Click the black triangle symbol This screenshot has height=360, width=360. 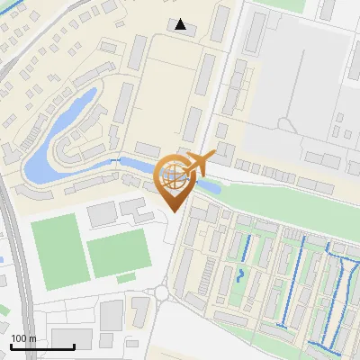point(181,24)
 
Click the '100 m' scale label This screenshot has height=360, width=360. point(24,338)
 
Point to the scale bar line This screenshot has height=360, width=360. point(42,346)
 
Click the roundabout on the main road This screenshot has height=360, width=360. point(162,292)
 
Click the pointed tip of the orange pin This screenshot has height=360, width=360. point(173,211)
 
